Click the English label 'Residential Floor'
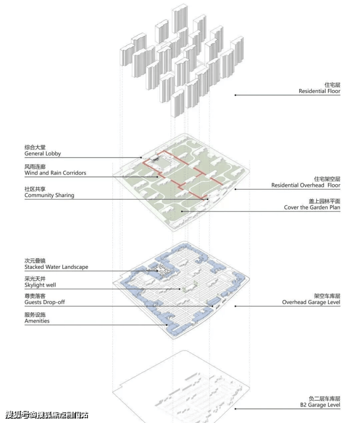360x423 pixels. point(319,91)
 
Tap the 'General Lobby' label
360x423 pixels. point(43,154)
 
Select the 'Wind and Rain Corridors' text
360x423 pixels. point(55,173)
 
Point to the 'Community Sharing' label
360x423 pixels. point(50,195)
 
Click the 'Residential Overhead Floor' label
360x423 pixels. point(306,185)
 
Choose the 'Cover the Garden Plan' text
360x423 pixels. point(312,208)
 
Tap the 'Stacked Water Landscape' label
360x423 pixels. point(56,267)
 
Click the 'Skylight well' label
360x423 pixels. point(40,285)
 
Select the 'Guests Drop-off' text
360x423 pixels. point(45,302)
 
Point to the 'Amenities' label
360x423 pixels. point(37,321)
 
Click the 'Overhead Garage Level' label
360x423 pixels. point(311,302)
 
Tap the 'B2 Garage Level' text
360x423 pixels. point(320,405)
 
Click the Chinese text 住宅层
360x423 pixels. point(332,85)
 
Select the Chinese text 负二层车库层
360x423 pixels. point(324,399)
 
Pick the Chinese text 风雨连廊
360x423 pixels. point(35,167)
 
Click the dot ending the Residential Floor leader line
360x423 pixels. point(235,95)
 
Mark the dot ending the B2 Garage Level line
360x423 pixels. point(235,409)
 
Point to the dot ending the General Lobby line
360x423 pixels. point(141,158)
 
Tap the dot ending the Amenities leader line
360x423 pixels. point(167,325)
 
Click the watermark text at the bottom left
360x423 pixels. point(47,415)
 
